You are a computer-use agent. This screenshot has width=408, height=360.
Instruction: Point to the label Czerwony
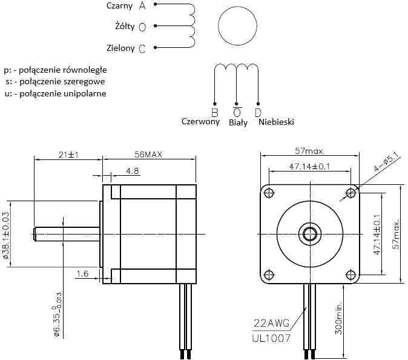[x=200, y=121]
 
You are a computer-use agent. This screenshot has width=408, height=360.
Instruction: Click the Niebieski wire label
[x=276, y=122]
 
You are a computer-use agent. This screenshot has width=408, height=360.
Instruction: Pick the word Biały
[x=238, y=122]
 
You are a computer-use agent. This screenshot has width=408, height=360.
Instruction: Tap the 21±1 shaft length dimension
[x=70, y=155]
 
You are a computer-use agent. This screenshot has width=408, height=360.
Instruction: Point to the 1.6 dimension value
[x=83, y=274]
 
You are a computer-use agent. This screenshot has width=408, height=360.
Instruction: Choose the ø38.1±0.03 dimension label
[x=7, y=236]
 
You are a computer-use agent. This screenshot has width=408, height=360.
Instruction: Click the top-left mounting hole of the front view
[x=268, y=193]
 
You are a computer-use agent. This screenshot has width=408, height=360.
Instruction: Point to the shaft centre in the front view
[x=310, y=233]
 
